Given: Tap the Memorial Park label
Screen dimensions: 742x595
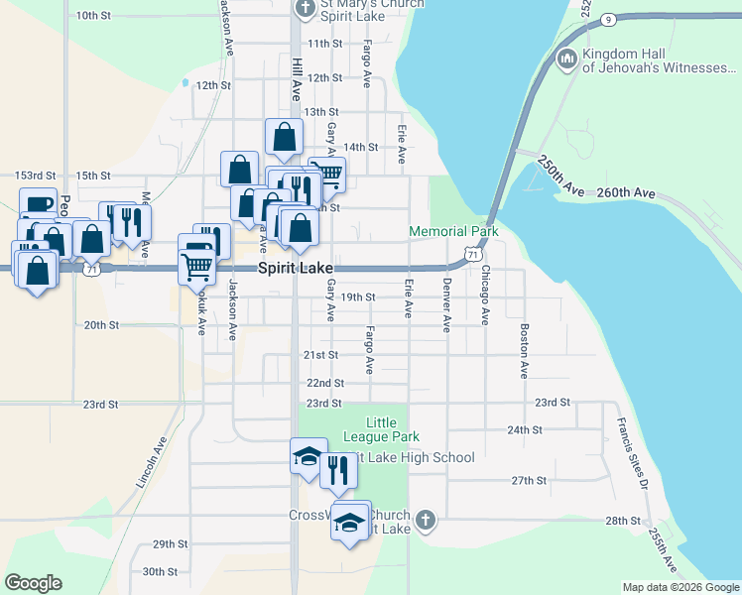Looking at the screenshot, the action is [453, 231].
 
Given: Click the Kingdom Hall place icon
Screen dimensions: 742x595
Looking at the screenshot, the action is [567, 59].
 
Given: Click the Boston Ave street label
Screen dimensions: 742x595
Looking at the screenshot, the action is [524, 350].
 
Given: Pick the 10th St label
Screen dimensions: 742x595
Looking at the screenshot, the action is [92, 15].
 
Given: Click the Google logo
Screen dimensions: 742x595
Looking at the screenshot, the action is [33, 583].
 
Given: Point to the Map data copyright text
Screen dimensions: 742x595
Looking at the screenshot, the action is [680, 587].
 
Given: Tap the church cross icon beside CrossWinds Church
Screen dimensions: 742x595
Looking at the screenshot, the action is [425, 520].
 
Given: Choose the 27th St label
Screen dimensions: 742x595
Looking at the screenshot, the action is [530, 480].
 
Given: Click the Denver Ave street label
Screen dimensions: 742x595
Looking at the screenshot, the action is [447, 305].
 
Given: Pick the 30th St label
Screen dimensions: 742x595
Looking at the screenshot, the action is [159, 571].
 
